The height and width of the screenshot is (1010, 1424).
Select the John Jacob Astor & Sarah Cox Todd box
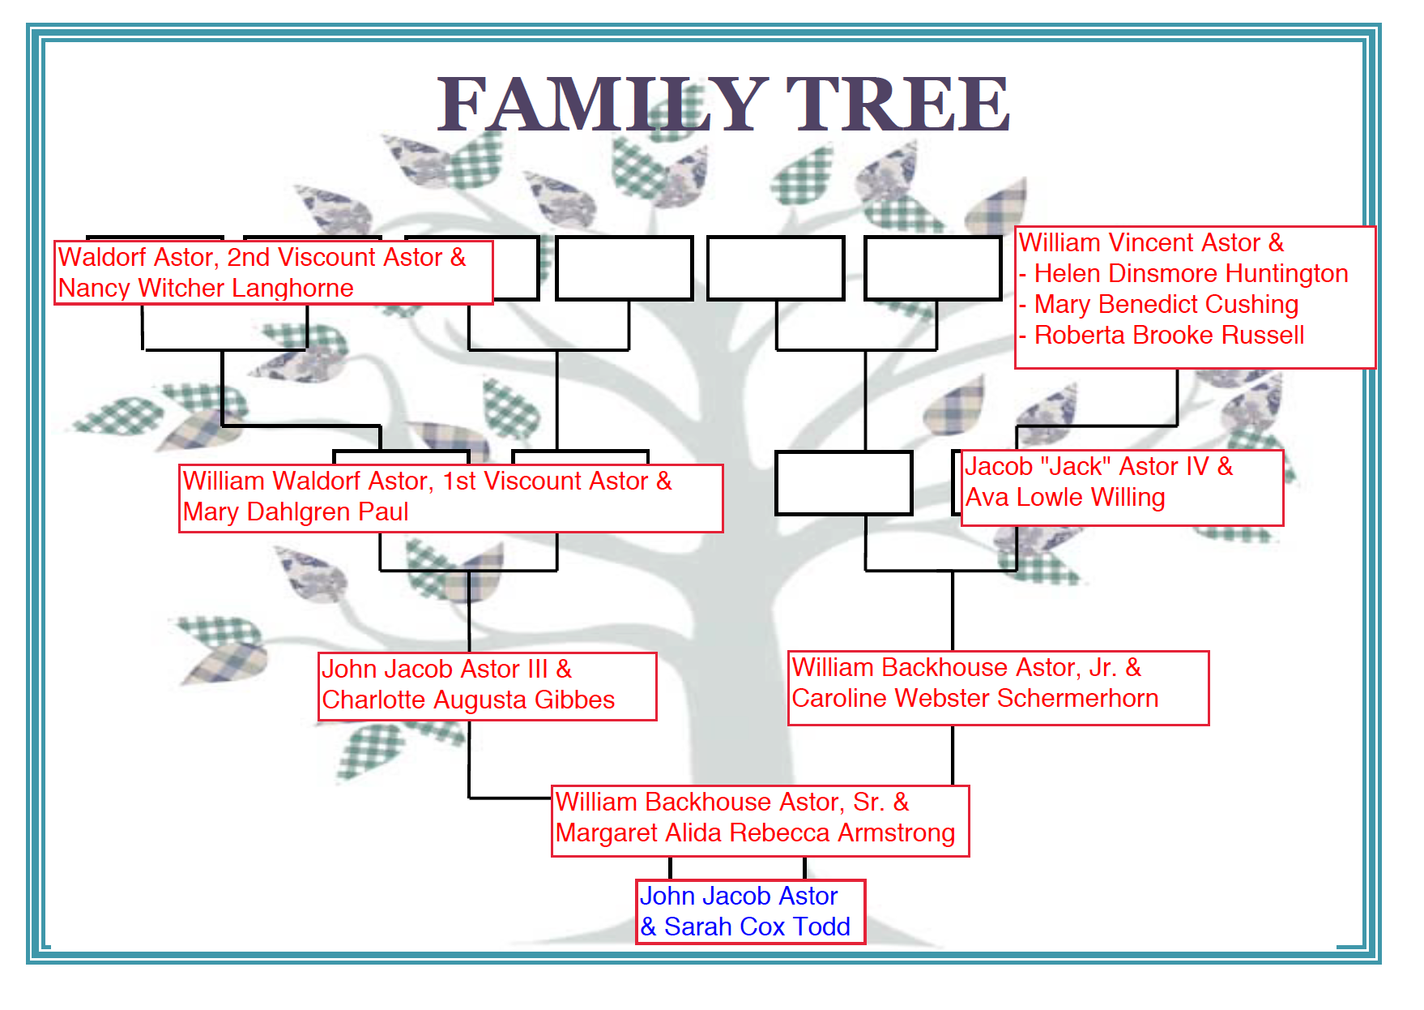click(750, 912)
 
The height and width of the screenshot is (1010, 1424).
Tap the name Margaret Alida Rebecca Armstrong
click(755, 833)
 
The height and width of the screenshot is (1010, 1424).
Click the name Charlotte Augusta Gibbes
click(468, 700)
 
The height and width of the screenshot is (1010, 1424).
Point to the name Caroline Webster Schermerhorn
click(975, 699)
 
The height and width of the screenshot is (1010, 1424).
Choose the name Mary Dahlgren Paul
click(296, 512)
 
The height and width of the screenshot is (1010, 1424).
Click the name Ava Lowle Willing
click(1065, 498)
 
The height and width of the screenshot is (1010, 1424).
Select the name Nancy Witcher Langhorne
click(206, 289)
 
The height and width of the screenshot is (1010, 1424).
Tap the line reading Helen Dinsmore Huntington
click(1191, 274)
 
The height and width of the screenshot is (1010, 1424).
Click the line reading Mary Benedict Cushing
click(1166, 305)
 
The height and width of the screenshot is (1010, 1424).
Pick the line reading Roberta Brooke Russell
click(1169, 336)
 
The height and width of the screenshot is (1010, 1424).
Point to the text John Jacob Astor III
click(435, 670)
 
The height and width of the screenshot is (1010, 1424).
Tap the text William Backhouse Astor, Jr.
click(956, 668)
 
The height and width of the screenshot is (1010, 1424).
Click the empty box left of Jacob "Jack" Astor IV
click(843, 483)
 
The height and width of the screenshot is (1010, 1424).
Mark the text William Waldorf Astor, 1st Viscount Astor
click(416, 481)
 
